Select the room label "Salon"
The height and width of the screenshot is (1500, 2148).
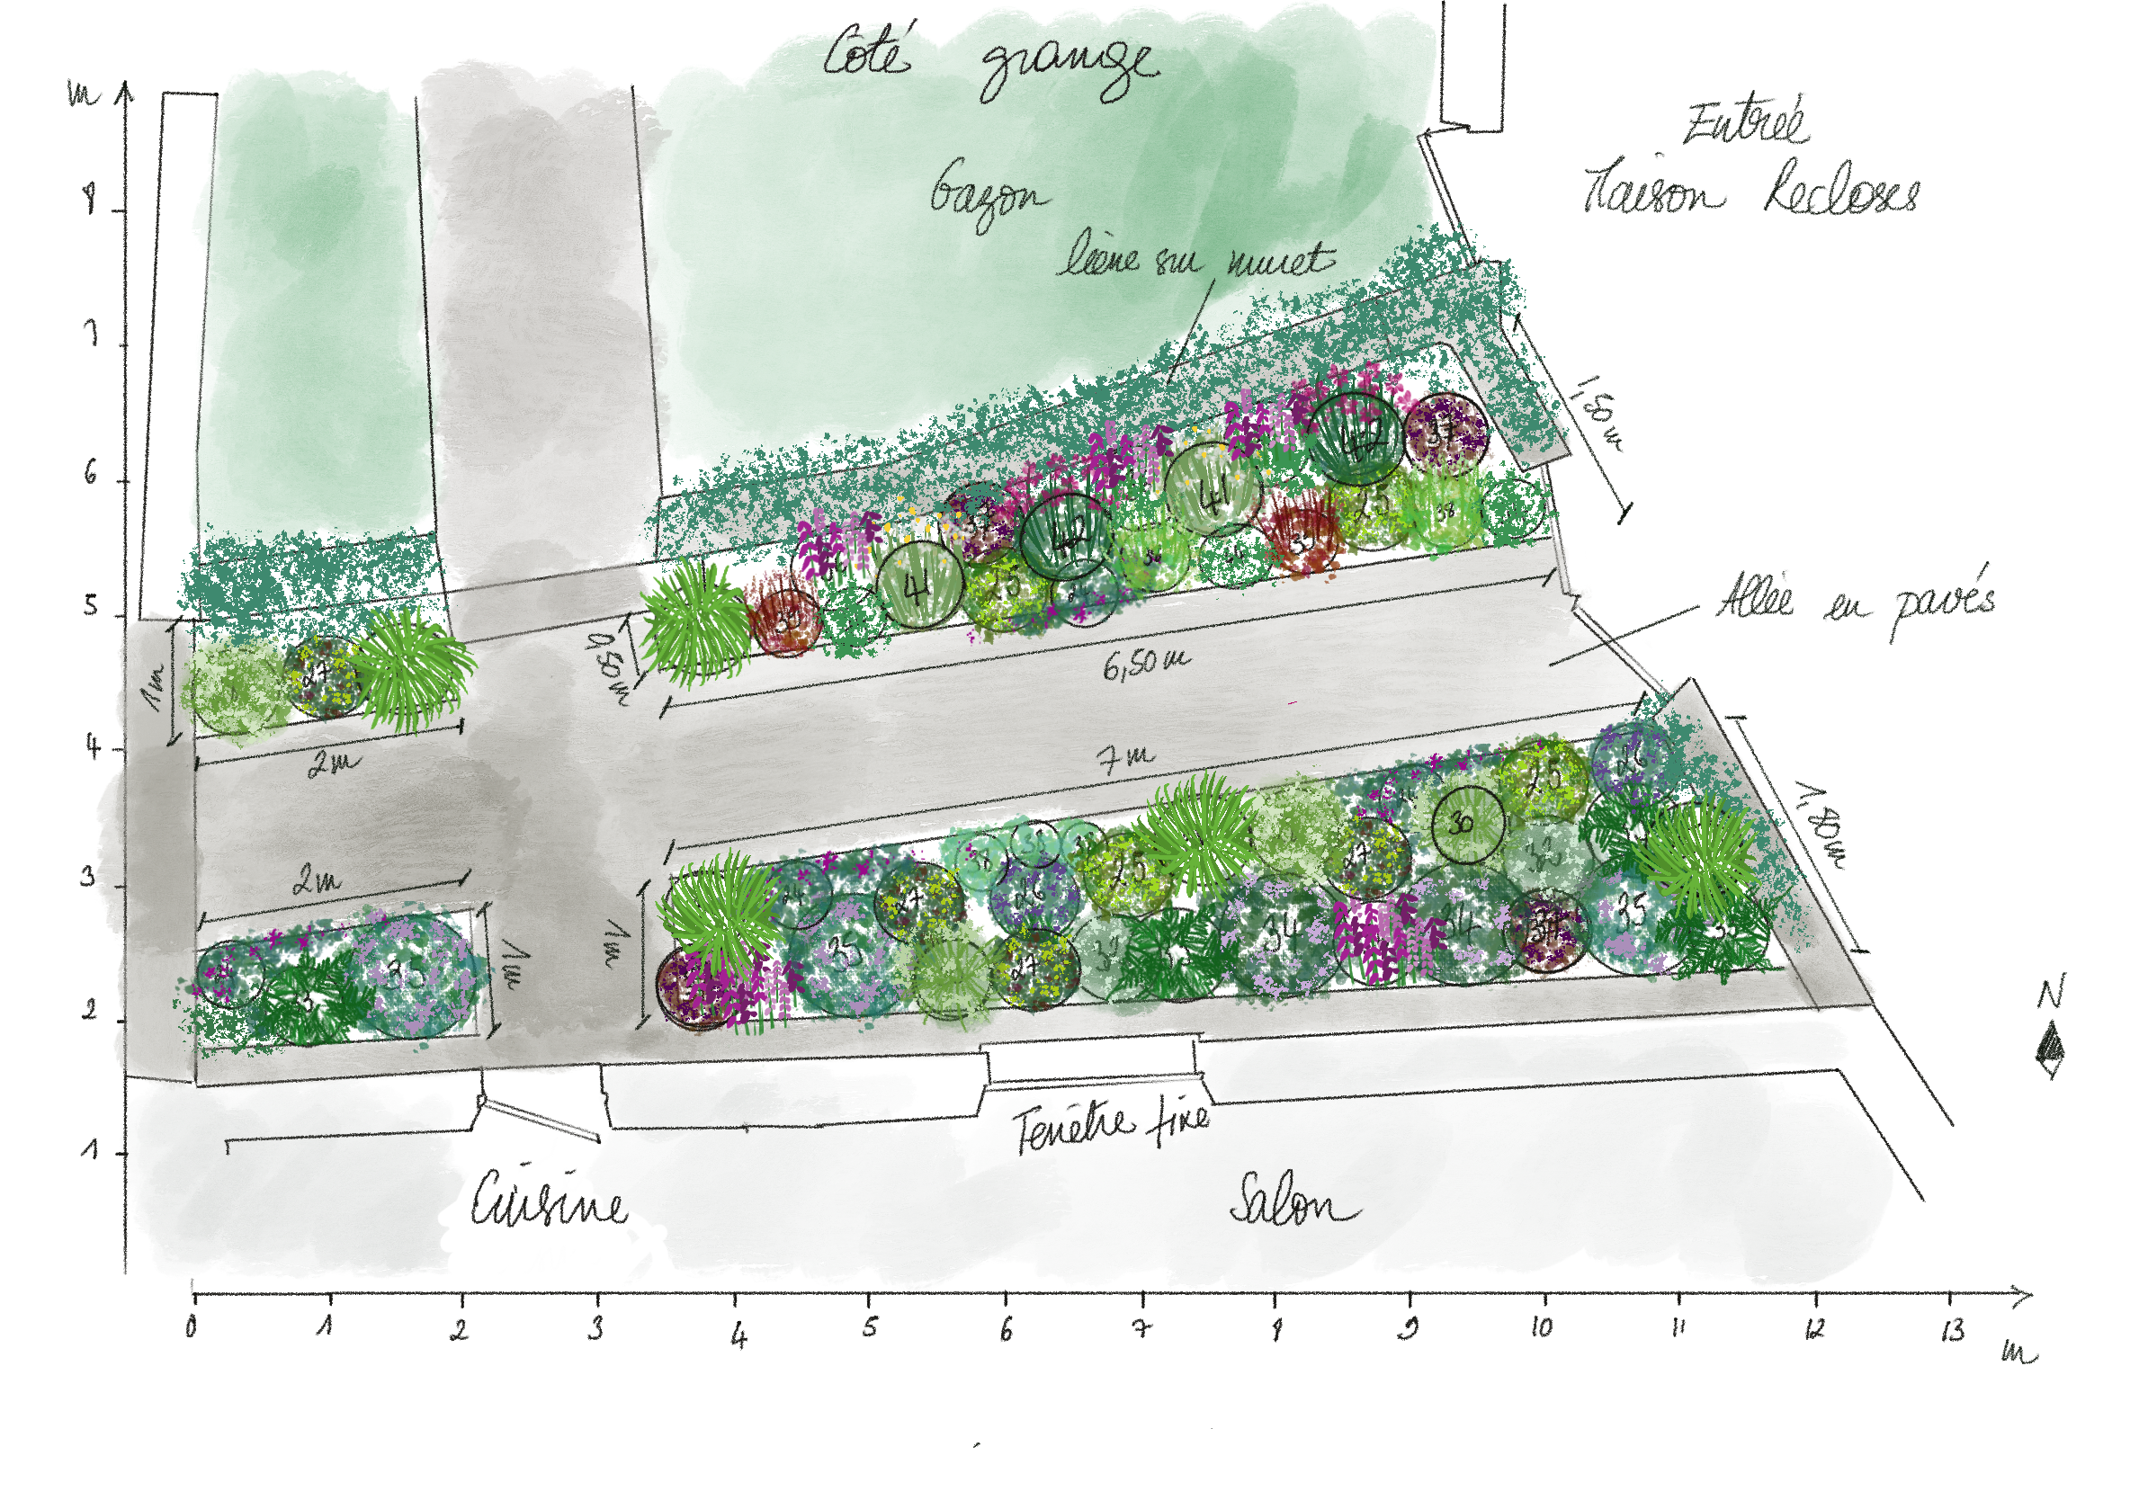point(1293,1202)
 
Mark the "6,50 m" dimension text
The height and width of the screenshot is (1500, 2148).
point(1145,663)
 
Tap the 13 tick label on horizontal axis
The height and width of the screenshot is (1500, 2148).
point(1953,1331)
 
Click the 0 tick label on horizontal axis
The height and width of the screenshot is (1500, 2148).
point(192,1328)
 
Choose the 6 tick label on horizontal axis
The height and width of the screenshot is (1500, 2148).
point(1006,1330)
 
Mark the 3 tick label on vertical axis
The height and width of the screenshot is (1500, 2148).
point(89,879)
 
